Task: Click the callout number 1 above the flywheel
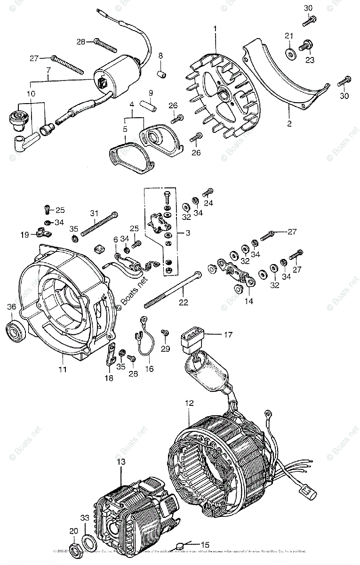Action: tap(215, 29)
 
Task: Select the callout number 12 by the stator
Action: tap(189, 403)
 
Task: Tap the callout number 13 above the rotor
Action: tap(121, 462)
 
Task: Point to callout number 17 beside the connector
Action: tap(228, 335)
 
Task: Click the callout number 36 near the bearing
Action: tap(11, 307)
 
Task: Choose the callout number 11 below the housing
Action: tap(63, 370)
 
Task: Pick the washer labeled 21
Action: tap(289, 54)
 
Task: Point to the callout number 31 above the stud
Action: tap(94, 212)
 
